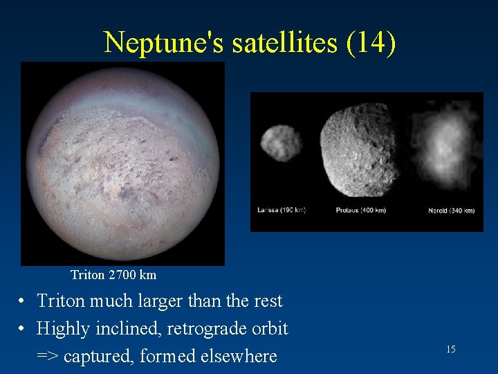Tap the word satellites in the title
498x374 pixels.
(x=277, y=43)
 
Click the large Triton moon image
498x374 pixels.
(x=122, y=163)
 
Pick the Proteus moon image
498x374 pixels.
(x=358, y=150)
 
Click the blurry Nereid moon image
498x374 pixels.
(x=444, y=147)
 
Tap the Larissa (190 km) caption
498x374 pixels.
(x=282, y=210)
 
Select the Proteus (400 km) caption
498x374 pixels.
(x=360, y=210)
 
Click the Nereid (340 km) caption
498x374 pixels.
(x=451, y=210)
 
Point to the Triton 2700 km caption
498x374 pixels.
(x=113, y=275)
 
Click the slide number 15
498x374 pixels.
(x=450, y=349)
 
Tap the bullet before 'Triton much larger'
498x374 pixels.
(x=23, y=302)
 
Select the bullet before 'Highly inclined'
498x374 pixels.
(x=23, y=329)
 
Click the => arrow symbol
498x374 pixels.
(x=48, y=357)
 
